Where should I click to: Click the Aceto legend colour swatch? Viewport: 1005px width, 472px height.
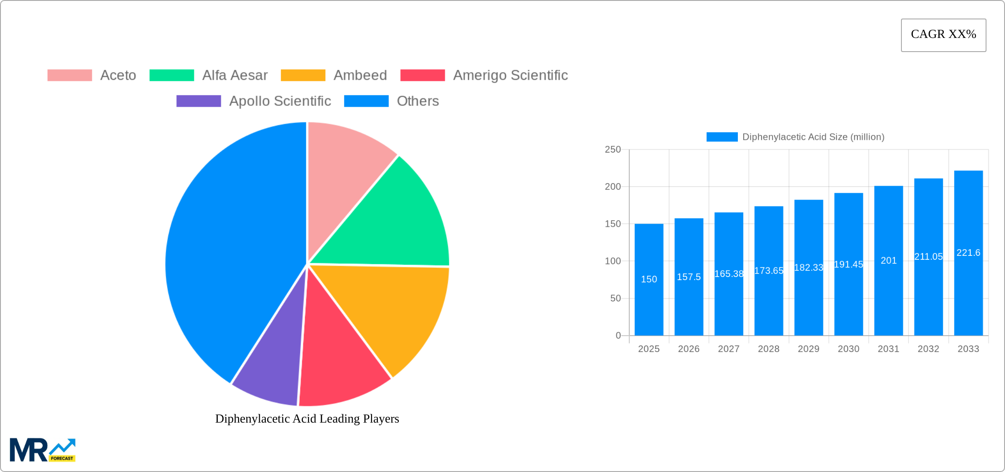pyautogui.click(x=70, y=75)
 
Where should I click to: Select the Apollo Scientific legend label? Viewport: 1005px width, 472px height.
pyautogui.click(x=280, y=101)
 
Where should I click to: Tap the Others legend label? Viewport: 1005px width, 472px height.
pyautogui.click(x=417, y=101)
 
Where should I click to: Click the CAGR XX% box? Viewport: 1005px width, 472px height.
pyautogui.click(x=943, y=35)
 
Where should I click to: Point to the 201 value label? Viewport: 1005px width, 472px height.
pyautogui.click(x=889, y=261)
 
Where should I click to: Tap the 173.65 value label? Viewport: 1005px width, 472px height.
pyautogui.click(x=769, y=271)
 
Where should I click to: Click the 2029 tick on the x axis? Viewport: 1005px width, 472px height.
pyautogui.click(x=808, y=349)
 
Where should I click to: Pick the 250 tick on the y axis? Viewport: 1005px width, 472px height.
pyautogui.click(x=613, y=150)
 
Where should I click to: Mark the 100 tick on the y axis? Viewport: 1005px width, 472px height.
pyautogui.click(x=613, y=261)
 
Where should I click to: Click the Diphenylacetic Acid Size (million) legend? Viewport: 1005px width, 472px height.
pyautogui.click(x=796, y=137)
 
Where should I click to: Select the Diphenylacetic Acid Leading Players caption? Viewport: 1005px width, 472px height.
pyautogui.click(x=307, y=419)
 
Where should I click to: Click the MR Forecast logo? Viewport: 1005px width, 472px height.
pyautogui.click(x=43, y=450)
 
